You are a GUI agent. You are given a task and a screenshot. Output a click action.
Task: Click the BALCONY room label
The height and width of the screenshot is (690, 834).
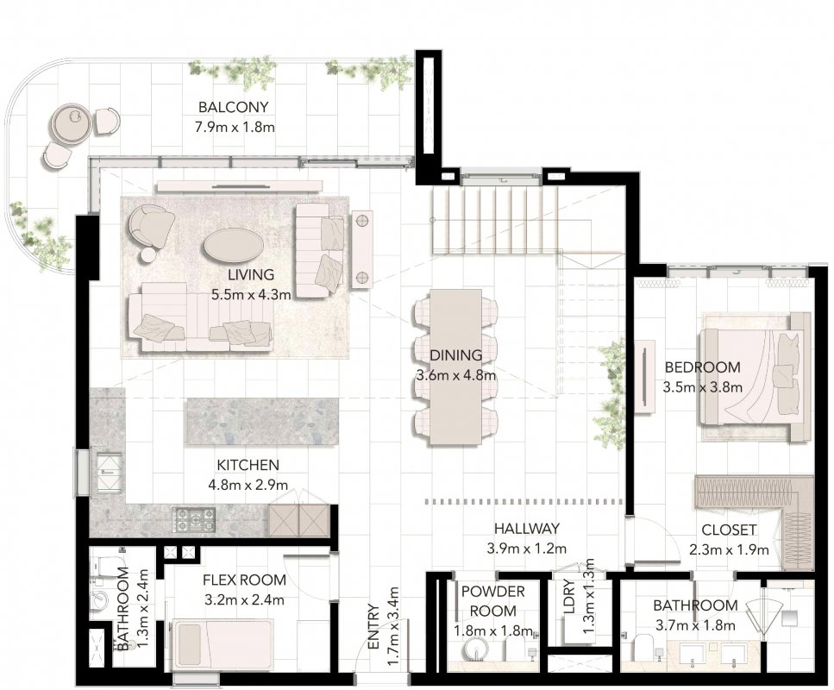233,107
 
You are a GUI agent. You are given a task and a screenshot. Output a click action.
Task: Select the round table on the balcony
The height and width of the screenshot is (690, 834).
71,123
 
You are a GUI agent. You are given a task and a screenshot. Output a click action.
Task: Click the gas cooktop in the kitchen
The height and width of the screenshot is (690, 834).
193,520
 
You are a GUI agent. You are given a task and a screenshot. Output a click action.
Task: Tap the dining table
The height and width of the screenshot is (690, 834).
456,367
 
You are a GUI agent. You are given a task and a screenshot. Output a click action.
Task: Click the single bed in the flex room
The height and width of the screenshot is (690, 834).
223,645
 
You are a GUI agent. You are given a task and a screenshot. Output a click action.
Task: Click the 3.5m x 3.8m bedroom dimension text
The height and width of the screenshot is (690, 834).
702,388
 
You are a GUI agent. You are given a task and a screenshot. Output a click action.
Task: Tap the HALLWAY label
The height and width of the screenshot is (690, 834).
527,528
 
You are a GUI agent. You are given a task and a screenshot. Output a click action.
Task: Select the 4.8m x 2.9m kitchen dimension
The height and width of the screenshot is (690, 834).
248,486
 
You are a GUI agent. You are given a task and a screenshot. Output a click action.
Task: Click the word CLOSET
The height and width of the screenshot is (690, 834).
729,530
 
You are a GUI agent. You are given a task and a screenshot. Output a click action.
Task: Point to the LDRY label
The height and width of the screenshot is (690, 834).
568,597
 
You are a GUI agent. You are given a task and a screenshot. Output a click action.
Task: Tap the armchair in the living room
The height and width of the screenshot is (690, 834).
150,226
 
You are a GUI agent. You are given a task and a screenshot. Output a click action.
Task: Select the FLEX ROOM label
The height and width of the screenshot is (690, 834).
244,580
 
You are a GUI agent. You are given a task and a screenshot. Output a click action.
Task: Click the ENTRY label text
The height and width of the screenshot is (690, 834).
373,627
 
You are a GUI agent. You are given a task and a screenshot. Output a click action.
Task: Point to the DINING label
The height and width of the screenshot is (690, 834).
456,354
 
